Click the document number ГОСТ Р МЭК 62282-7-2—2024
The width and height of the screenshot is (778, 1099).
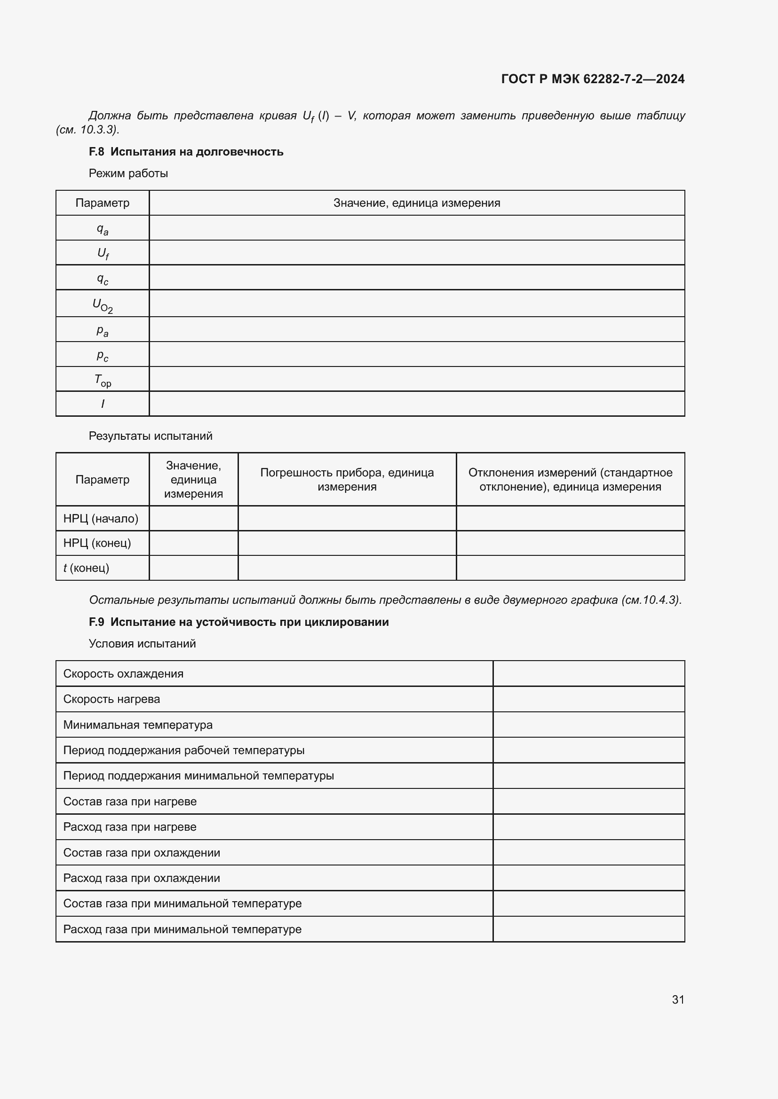point(593,79)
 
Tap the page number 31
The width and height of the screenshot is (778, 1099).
point(678,999)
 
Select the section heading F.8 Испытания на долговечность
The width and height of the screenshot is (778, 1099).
point(186,152)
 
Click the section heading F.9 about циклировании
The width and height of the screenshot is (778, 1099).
point(238,622)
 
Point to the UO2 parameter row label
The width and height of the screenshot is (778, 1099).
point(103,304)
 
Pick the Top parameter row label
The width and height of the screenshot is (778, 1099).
point(103,380)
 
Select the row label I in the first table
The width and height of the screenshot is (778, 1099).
point(103,404)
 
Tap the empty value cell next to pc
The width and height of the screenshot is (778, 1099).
point(416,355)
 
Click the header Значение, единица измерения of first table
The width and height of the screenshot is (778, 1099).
point(416,203)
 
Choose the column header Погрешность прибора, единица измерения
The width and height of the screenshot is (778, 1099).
point(347,479)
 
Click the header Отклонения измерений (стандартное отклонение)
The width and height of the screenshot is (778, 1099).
point(570,479)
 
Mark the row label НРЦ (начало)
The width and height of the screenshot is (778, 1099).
point(101,518)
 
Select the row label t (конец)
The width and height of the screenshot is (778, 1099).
point(86,568)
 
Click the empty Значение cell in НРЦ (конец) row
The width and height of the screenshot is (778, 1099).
point(193,543)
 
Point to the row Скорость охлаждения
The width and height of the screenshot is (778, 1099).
point(124,673)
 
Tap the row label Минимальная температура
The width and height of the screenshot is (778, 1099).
point(138,725)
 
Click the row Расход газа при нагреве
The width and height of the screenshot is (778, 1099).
point(130,826)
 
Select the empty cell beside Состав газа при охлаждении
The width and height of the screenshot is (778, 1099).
point(588,852)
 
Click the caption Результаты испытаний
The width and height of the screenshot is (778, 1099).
point(151,436)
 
